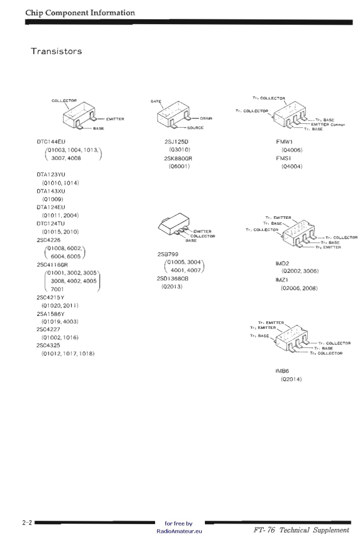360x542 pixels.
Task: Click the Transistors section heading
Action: (56, 51)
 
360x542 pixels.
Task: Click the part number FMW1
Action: (282, 142)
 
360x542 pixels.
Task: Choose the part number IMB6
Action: (282, 371)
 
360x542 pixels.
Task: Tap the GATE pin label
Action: (156, 101)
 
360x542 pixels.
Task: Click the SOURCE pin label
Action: (195, 128)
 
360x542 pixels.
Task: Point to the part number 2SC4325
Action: (48, 345)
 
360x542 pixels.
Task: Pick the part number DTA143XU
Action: (50, 191)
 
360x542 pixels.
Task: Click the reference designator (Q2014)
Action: (291, 379)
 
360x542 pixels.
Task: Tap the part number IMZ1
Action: (282, 280)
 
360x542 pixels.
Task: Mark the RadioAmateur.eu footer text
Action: (179, 531)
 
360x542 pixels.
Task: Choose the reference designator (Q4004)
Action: (291, 166)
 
